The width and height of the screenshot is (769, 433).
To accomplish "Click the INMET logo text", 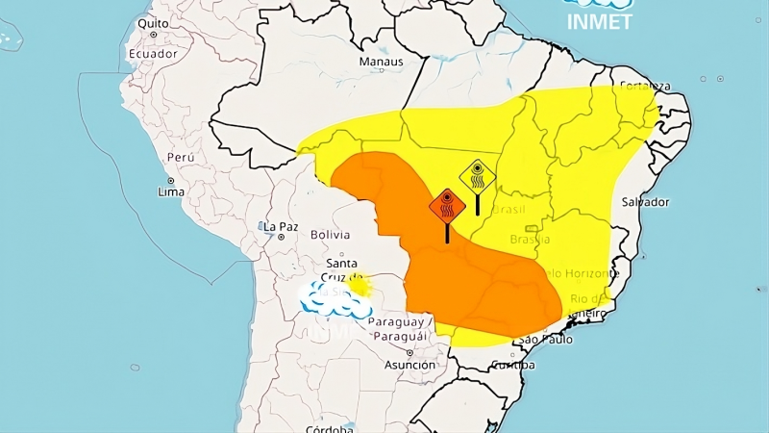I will click(599, 21).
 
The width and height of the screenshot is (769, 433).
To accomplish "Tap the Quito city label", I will click(153, 22).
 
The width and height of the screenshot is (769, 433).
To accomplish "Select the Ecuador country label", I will click(154, 54).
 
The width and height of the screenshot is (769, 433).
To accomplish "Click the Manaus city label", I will click(381, 63).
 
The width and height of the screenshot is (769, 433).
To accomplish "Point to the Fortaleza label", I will click(644, 84).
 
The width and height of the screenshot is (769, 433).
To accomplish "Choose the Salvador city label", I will click(645, 202).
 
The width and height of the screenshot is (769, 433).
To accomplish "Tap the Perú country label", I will click(181, 157).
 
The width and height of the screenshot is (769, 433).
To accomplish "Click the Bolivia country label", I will click(330, 235).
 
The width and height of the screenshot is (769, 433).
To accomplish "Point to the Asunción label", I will click(409, 366).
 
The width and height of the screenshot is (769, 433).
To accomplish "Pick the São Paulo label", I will click(545, 341).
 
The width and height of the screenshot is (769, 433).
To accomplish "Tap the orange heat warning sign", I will click(447, 206).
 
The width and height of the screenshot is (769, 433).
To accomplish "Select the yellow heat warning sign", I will click(477, 177).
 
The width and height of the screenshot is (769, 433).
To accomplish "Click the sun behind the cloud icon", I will click(360, 285).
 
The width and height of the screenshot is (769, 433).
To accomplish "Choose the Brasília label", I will click(530, 239).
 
